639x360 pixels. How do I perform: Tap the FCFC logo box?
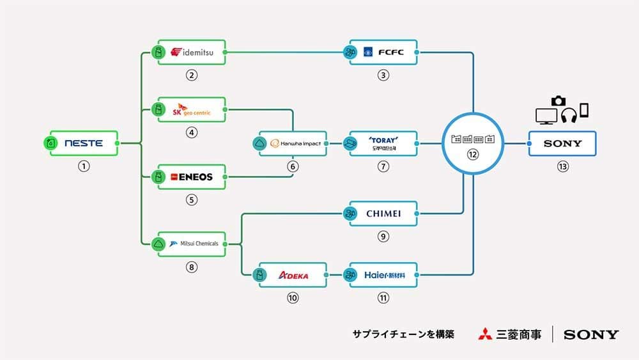[x=383, y=52]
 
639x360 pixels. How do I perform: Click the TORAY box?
[x=383, y=144]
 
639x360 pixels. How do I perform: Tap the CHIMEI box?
[x=383, y=214]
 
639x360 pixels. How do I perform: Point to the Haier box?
[x=383, y=275]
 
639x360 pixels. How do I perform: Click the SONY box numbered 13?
[x=562, y=144]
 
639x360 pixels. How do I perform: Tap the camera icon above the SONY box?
[x=558, y=100]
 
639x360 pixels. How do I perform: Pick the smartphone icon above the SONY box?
[x=583, y=110]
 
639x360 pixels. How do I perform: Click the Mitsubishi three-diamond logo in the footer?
[x=485, y=334]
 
